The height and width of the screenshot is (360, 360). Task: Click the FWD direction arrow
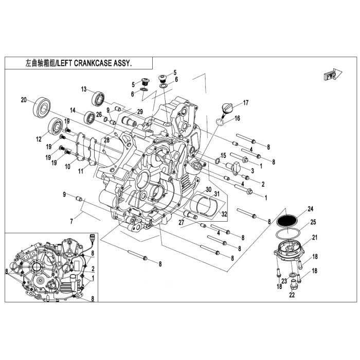pyautogui.click(x=333, y=75)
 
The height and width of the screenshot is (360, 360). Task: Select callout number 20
pyautogui.click(x=24, y=100)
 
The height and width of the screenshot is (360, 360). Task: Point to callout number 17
pyautogui.click(x=246, y=102)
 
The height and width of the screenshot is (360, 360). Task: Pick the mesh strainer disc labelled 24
pyautogui.click(x=287, y=221)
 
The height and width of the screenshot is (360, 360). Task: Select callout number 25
pyautogui.click(x=313, y=222)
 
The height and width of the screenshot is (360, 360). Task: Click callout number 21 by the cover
pyautogui.click(x=315, y=237)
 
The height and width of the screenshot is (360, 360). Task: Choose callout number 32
pyautogui.click(x=224, y=214)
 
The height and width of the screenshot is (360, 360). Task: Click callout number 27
pyautogui.click(x=182, y=222)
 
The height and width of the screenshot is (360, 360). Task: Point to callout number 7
pyautogui.click(x=71, y=221)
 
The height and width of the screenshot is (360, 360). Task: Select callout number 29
pyautogui.click(x=140, y=112)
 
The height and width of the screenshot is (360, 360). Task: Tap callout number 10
pyautogui.click(x=67, y=166)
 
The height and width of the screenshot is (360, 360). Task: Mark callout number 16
pyautogui.click(x=237, y=118)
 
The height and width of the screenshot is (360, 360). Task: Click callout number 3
pyautogui.click(x=253, y=171)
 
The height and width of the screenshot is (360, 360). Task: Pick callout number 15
pyautogui.click(x=223, y=155)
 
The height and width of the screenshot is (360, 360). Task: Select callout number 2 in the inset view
pyautogui.click(x=93, y=268)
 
